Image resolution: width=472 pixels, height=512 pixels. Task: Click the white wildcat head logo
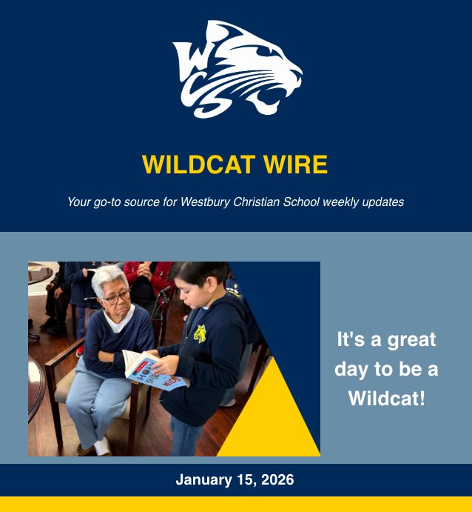(x=237, y=69)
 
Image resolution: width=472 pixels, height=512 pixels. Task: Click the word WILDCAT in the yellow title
(x=198, y=164)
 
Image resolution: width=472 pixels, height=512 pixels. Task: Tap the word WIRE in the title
(x=295, y=164)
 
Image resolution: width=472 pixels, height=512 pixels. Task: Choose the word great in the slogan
(x=411, y=340)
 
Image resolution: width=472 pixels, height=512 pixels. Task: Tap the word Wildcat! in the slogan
(x=387, y=398)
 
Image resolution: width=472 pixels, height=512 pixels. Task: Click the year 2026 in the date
(x=277, y=479)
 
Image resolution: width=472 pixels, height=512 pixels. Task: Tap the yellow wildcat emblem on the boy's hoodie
(x=200, y=334)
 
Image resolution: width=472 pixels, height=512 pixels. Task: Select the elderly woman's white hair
(x=109, y=280)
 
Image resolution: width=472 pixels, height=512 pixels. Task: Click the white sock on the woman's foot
(x=102, y=446)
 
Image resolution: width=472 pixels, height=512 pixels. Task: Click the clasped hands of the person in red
(x=144, y=270)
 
